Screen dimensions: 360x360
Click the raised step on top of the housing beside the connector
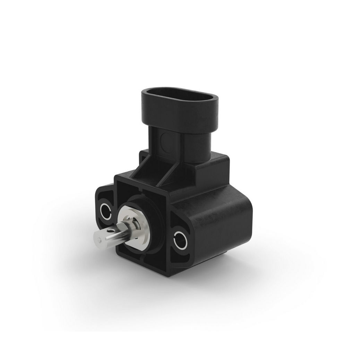(212, 163)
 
